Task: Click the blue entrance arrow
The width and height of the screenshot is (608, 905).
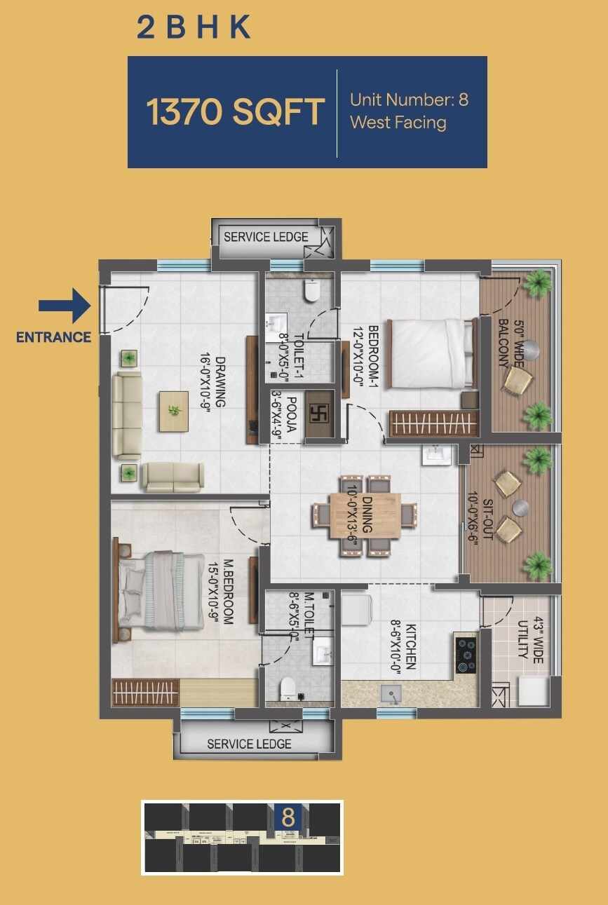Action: [64, 306]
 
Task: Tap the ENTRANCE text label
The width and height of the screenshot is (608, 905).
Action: [54, 337]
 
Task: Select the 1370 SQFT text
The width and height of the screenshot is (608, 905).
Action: [235, 112]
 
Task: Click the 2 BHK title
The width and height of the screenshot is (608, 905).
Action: [194, 27]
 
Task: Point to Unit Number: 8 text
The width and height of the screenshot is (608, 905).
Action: [409, 100]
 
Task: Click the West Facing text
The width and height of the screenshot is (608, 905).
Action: [398, 123]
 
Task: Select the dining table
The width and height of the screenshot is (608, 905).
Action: [364, 515]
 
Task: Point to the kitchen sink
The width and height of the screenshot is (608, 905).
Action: [390, 693]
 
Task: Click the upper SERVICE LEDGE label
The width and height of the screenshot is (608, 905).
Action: [266, 237]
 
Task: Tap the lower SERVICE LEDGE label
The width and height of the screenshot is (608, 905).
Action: [249, 744]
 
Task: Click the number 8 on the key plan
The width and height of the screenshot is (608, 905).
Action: [288, 817]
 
